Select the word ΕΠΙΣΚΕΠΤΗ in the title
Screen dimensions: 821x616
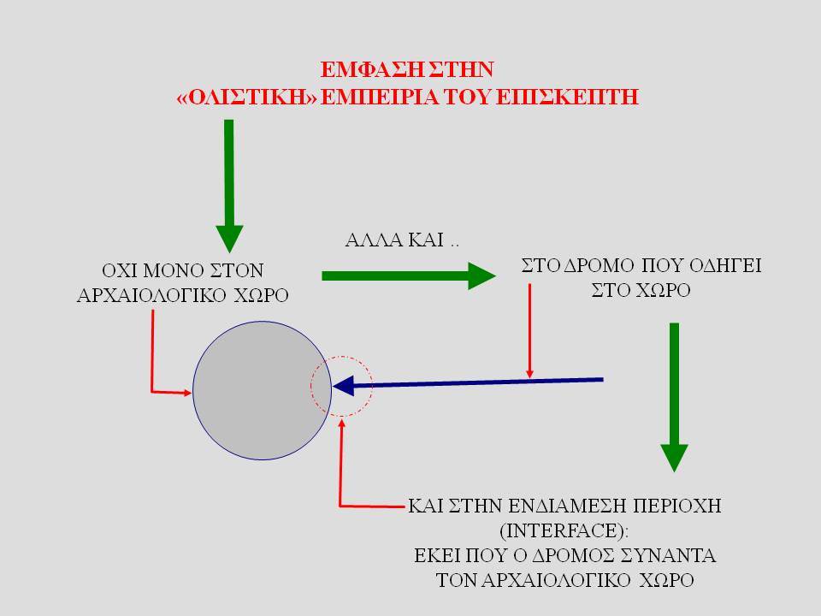coord(567,97)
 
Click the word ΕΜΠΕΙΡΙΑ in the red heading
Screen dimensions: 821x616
coord(380,97)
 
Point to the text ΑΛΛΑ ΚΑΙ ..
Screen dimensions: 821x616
coord(394,240)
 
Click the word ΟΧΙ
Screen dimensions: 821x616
coord(119,271)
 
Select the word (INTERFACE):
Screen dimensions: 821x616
coord(564,530)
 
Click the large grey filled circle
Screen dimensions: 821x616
coord(262,391)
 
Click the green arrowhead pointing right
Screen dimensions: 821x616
coord(481,276)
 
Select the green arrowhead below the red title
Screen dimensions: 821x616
coord(229,239)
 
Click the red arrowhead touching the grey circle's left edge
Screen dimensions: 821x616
coord(188,393)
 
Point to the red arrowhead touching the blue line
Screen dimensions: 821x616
coord(529,374)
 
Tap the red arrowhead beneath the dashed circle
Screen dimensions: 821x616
coord(342,423)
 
